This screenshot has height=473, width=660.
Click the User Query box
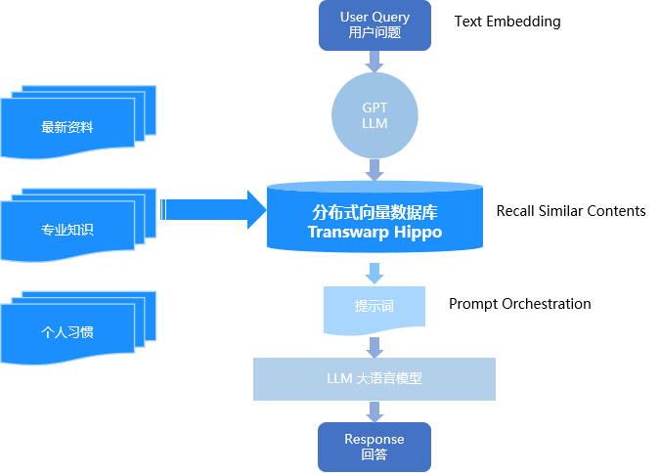374,24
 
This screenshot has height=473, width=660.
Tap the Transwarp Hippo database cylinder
374,221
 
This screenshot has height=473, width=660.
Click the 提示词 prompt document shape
374,307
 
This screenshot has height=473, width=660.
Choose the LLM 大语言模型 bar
374,378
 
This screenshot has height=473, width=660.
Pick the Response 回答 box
374,447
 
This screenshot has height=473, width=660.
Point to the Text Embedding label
507,21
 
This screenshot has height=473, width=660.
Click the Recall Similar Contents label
570,211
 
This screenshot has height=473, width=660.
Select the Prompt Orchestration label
519,304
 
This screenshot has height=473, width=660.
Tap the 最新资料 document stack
68,127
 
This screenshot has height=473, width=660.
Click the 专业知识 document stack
68,231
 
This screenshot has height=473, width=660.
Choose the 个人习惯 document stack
68,332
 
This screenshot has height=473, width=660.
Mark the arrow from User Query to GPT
374,62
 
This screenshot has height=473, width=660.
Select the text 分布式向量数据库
374,212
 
